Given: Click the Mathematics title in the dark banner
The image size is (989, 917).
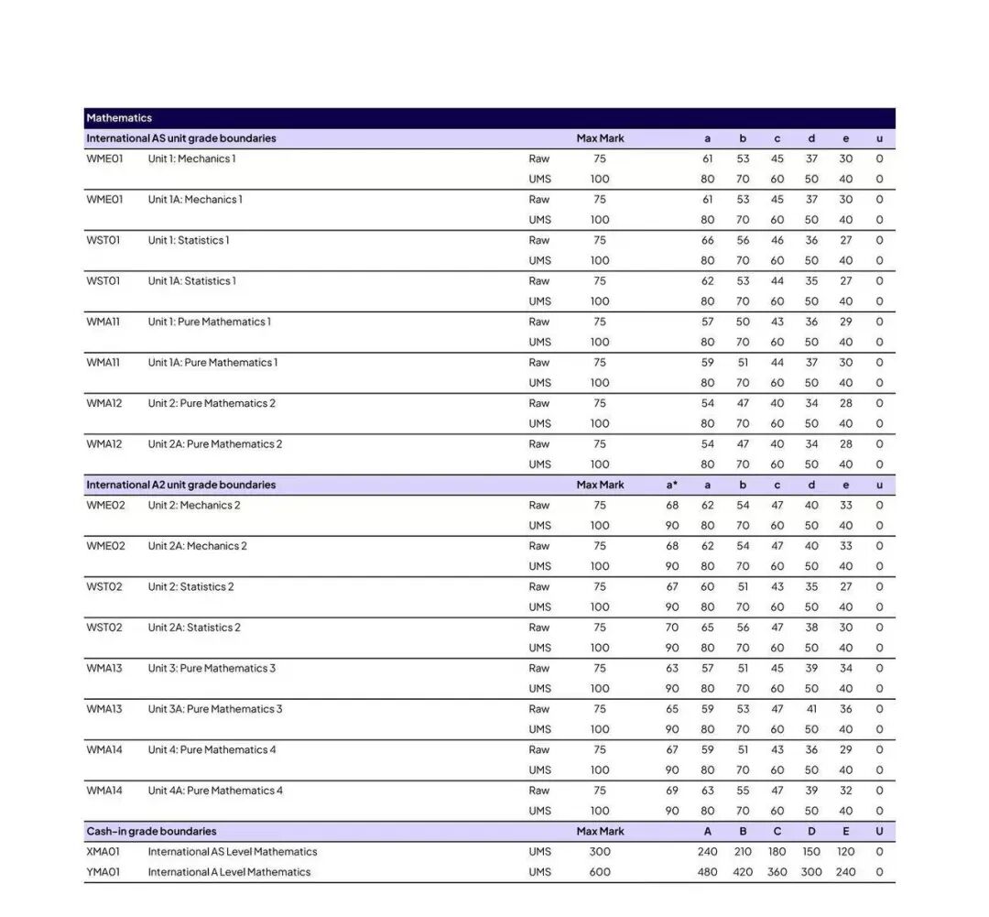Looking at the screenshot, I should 119,118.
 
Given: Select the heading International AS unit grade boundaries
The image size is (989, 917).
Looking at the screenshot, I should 180,138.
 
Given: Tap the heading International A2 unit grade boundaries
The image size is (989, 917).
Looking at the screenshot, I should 180,485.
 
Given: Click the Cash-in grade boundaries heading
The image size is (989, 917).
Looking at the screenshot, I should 151,831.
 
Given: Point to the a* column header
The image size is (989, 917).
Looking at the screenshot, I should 672,485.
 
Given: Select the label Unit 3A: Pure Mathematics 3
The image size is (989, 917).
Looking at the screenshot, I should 215,709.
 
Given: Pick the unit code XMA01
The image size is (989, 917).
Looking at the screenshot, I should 103,852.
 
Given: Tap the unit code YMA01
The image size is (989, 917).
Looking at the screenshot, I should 103,872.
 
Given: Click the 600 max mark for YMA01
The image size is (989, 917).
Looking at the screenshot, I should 600,872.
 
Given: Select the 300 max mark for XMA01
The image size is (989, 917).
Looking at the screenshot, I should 600,852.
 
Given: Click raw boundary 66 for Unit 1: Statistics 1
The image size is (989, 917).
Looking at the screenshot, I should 707,240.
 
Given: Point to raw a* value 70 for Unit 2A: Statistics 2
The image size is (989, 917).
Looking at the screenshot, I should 672,628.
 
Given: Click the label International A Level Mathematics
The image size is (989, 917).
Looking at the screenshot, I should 229,872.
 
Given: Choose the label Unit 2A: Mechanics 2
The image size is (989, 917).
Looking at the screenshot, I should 198,546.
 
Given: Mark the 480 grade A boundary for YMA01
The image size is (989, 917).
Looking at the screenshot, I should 707,872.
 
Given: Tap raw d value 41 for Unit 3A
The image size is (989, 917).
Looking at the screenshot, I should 811,709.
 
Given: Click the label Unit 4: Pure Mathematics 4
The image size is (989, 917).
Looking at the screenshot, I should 212,749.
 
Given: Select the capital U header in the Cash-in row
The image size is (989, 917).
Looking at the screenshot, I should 879,831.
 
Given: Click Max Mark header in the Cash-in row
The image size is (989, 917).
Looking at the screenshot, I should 600,831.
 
